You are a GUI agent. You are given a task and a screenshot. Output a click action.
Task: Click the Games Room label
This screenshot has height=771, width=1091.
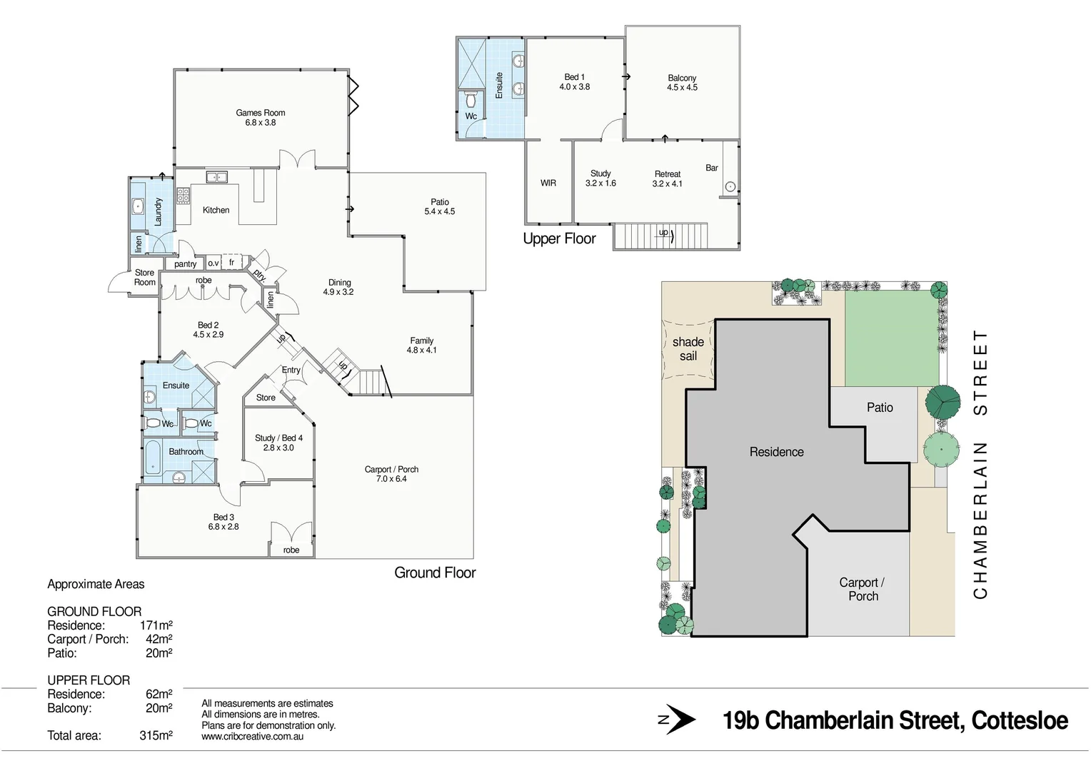(x=260, y=113)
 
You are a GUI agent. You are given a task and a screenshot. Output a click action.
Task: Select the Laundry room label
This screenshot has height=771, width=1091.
(x=159, y=211)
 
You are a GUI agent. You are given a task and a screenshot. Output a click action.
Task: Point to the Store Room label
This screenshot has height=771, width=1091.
(x=144, y=277)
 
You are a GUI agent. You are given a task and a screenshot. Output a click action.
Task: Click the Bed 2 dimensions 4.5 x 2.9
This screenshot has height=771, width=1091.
(x=208, y=334)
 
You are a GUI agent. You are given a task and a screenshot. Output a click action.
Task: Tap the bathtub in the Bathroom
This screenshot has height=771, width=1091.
(x=154, y=458)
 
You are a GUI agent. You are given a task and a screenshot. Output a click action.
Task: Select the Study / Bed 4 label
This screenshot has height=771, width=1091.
(x=278, y=438)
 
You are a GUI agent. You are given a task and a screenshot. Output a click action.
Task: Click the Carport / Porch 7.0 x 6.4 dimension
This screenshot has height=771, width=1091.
(x=391, y=479)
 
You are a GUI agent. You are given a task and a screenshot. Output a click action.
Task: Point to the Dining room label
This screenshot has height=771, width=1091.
(x=339, y=282)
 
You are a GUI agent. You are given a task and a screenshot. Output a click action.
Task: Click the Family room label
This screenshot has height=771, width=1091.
(x=421, y=341)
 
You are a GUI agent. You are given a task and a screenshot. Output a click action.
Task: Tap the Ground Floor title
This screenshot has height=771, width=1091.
(x=434, y=573)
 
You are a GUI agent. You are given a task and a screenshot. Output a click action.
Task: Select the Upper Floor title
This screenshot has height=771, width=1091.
(x=559, y=239)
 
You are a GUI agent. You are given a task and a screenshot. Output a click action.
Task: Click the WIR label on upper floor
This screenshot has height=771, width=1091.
(x=548, y=183)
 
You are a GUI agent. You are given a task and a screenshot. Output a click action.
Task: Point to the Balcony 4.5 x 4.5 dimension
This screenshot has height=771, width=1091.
(x=682, y=88)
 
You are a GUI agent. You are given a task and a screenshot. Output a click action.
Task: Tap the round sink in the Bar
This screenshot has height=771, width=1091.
(x=730, y=187)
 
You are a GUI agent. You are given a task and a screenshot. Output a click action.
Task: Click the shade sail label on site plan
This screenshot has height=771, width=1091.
(x=688, y=349)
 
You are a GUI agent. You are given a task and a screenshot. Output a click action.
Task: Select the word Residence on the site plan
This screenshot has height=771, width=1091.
(x=776, y=452)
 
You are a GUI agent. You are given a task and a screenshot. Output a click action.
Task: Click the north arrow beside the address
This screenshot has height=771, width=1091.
(x=677, y=721)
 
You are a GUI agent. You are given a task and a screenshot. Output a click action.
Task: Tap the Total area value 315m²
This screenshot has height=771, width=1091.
(x=156, y=735)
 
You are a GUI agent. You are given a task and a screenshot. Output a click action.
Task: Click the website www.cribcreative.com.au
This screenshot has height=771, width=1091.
(x=252, y=736)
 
